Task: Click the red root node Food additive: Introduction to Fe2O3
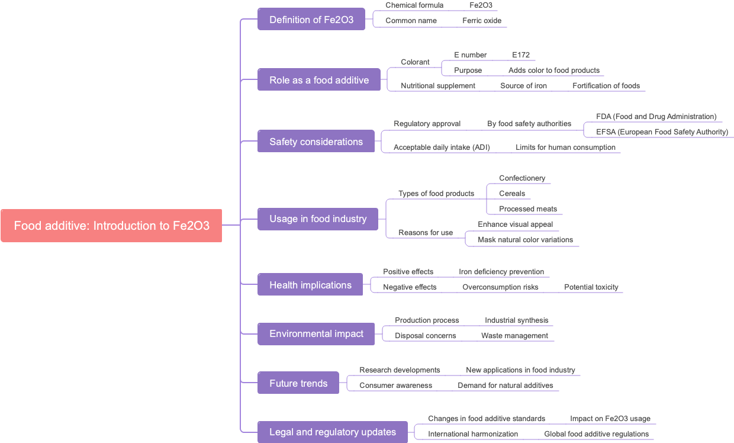coord(111,226)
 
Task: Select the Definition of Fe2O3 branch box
coord(311,20)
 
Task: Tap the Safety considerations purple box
coord(316,142)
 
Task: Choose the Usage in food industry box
coord(318,219)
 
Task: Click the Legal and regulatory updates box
coord(333,432)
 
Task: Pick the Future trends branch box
coord(298,383)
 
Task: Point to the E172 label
coord(521,55)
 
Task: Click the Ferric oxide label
coord(482,21)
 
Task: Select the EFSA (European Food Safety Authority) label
coord(662,132)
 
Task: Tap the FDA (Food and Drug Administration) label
coord(656,117)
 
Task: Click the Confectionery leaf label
coord(522,178)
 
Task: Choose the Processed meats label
coord(528,209)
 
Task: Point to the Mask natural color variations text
coord(525,240)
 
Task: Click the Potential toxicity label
coord(591,287)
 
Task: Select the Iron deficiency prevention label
coord(501,272)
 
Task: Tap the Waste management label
coord(514,336)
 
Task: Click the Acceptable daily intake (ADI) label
coord(442,147)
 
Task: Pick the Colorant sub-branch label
coord(415,62)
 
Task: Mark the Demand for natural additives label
coord(505,386)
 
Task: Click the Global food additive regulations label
coord(596,434)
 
